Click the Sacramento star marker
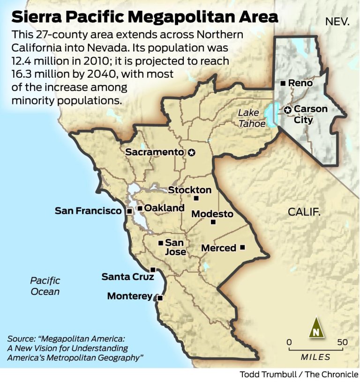(191, 153)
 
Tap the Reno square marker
(283, 83)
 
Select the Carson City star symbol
(287, 110)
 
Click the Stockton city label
(190, 190)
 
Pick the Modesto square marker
(213, 222)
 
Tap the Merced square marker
(242, 247)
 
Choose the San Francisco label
(88, 211)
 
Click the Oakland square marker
(140, 208)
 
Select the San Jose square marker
(161, 243)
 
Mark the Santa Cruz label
(128, 277)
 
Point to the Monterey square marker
(160, 298)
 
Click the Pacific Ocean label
(45, 286)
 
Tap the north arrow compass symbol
(316, 328)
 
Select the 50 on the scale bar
(342, 342)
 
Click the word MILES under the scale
(315, 357)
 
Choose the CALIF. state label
(304, 212)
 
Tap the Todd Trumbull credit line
(299, 375)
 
